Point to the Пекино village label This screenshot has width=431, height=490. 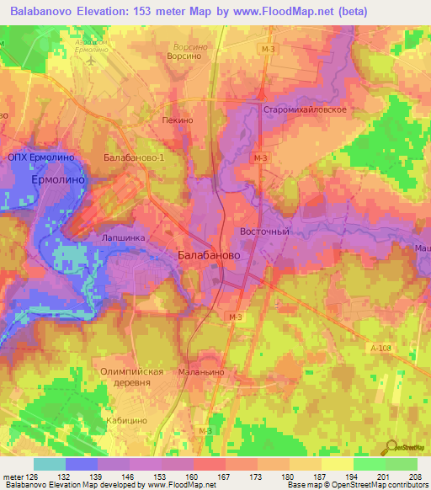(178, 120)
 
